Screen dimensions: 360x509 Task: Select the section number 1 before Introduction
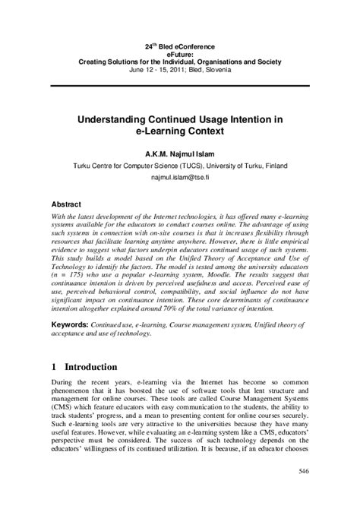coord(54,366)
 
